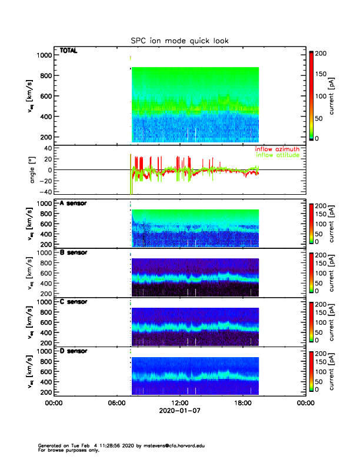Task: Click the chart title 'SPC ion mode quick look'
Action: (x=179, y=41)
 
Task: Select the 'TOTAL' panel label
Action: (x=69, y=51)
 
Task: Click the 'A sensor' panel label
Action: (x=74, y=203)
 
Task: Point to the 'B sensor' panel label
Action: (x=74, y=252)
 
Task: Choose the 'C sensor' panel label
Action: (x=74, y=302)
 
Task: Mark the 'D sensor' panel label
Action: (x=74, y=351)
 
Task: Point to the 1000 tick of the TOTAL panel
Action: (x=43, y=55)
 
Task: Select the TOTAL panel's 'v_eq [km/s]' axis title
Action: (x=31, y=96)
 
